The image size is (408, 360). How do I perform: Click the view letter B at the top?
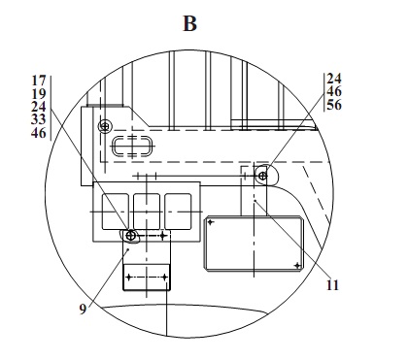click(190, 23)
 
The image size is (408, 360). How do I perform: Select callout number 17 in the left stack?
click(39, 81)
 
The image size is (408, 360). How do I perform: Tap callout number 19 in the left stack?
click(39, 94)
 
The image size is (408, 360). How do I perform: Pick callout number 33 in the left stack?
click(39, 119)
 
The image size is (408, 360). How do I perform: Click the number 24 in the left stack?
click(39, 107)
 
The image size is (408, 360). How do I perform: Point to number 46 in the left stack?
click(39, 133)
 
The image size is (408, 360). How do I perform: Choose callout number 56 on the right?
click(334, 105)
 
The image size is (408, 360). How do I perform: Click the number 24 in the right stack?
click(334, 79)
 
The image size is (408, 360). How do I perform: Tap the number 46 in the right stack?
click(334, 91)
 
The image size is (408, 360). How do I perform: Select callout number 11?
click(332, 285)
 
